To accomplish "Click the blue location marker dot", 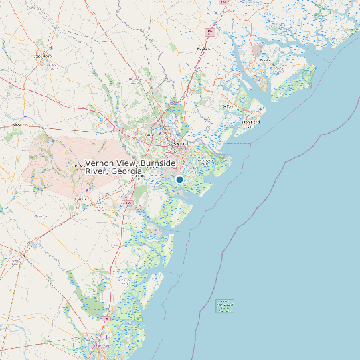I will pos(179,179).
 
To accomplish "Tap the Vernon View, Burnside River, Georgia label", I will pos(130,167).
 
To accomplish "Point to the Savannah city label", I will pos(180,143).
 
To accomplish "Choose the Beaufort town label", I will pos(265,60).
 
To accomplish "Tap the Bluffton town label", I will pos(226,106).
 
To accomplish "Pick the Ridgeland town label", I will pos(203,48).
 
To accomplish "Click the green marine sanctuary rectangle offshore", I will pos(225,306).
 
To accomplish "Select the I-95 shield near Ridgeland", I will pos(211,31).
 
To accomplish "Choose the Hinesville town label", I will pos(80,199).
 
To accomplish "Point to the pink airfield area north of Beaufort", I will pos(257,50).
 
